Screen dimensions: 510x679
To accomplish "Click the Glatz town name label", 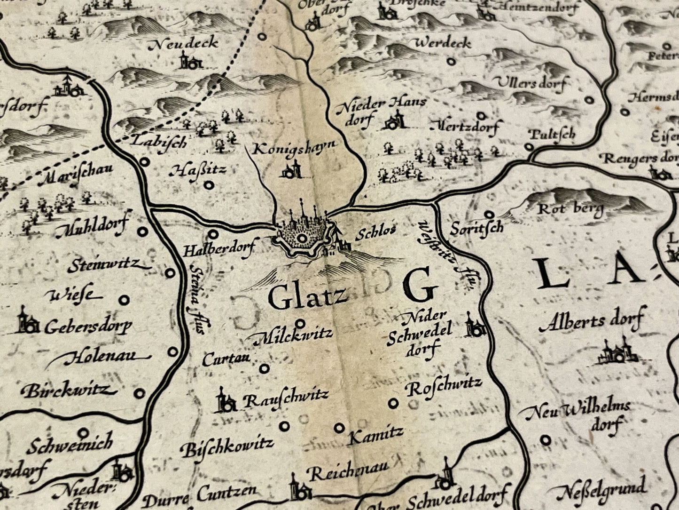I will coord(308,297).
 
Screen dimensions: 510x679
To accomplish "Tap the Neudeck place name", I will coord(183,44).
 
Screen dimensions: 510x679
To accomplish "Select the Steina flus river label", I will coord(196,298).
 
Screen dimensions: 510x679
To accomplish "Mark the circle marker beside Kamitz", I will coord(339,428).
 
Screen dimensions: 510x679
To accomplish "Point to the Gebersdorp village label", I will coord(88,327).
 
